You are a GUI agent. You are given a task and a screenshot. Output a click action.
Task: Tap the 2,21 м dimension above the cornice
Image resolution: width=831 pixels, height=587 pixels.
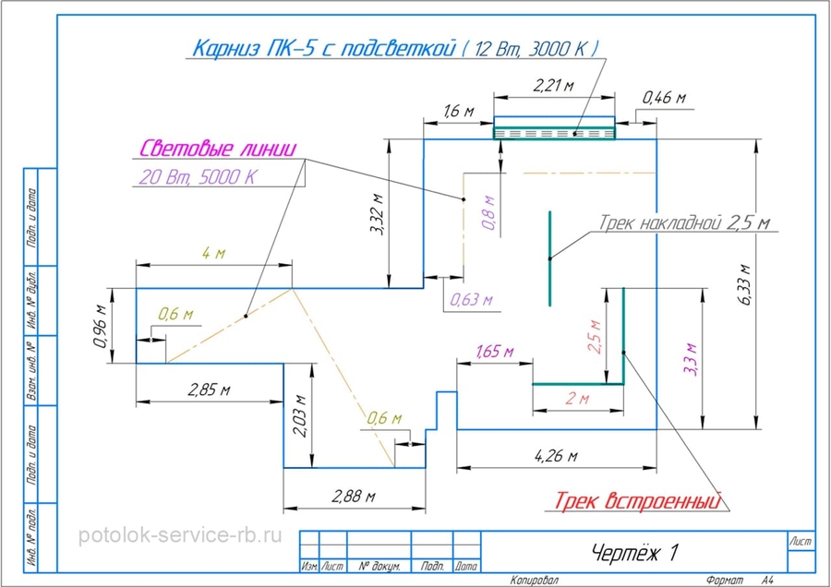coord(553,86)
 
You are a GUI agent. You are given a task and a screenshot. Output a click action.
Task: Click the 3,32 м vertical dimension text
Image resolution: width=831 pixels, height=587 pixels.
coord(377,215)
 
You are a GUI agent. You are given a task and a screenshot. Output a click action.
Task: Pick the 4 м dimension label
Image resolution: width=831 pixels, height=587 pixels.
coord(213,253)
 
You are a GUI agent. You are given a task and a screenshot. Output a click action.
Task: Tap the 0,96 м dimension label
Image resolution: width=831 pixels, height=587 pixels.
coord(102,323)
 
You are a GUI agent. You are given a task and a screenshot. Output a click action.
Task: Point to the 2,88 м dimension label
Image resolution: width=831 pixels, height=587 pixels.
coord(353,497)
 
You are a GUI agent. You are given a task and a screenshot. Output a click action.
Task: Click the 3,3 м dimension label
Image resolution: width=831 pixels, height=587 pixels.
coord(688,356)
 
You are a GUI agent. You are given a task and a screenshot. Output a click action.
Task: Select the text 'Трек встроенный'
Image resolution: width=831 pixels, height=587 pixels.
coord(636,502)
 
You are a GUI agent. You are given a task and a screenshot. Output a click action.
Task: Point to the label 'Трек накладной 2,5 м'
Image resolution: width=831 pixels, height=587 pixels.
coord(684,223)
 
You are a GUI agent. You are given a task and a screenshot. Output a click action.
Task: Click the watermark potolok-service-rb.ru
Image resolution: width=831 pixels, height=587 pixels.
coord(181,535)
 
